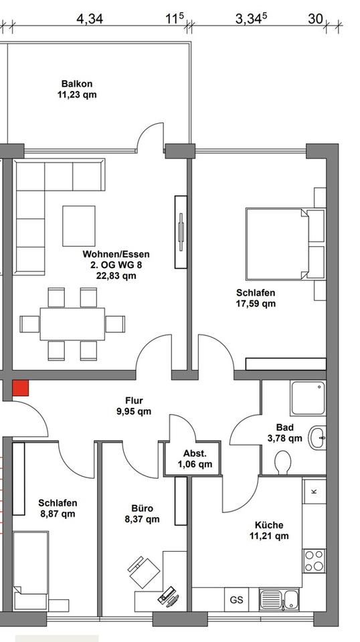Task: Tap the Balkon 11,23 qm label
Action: tap(77, 90)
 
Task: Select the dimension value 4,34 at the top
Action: tap(90, 19)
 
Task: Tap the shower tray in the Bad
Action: tap(307, 399)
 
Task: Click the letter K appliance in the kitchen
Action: tap(314, 492)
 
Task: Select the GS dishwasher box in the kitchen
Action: tap(236, 599)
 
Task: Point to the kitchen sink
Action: tap(277, 599)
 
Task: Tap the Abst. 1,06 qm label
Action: tap(195, 459)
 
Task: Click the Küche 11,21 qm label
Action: tap(268, 530)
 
